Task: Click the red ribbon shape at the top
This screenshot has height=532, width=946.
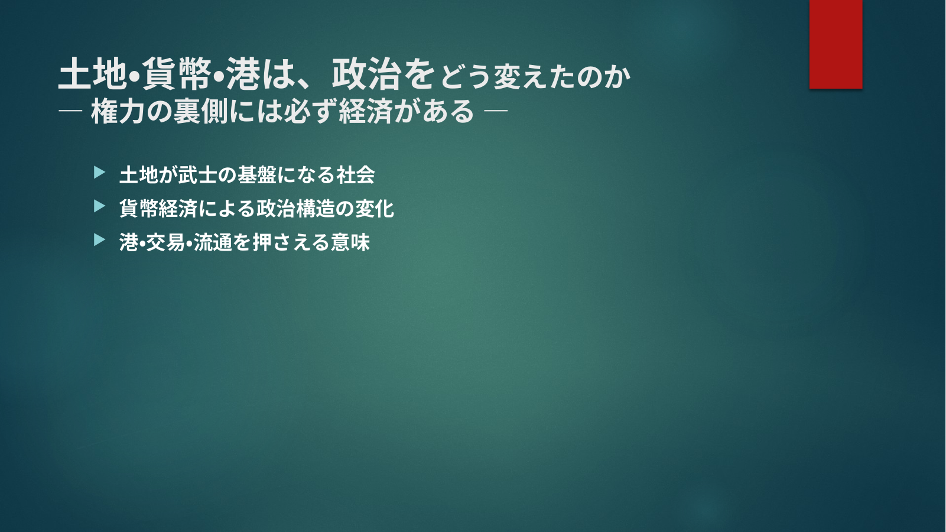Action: point(836,44)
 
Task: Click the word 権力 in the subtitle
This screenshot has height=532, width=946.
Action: point(118,111)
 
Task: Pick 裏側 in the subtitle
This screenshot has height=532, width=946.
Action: point(201,111)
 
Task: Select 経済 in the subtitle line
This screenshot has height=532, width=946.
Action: point(366,111)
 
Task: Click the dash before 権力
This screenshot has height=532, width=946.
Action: point(70,111)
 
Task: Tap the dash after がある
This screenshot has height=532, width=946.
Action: point(496,111)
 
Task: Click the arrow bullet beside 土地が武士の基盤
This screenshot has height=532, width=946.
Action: point(99,172)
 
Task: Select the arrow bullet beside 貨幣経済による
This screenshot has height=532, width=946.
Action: point(99,206)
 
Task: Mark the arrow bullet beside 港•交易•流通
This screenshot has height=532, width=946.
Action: point(99,239)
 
